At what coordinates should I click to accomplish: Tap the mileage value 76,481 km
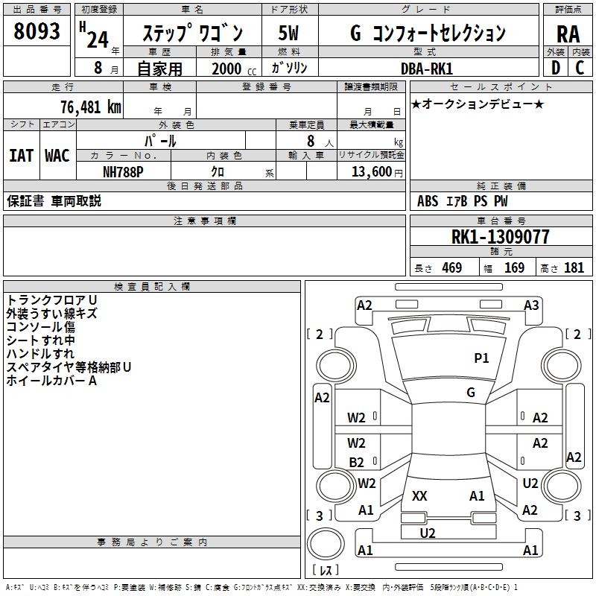[x=90, y=107]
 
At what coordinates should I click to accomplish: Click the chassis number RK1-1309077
[x=501, y=237]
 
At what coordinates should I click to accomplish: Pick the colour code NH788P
[x=123, y=171]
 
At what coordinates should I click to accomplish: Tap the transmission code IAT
[x=21, y=155]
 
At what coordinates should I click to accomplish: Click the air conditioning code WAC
[x=57, y=155]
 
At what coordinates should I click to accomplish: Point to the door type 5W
[x=289, y=34]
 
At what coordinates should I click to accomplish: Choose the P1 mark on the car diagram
[x=482, y=358]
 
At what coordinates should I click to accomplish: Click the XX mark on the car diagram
[x=420, y=495]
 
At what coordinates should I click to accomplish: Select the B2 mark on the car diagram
[x=357, y=462]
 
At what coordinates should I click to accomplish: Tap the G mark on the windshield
[x=470, y=392]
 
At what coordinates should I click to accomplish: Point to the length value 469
[x=451, y=268]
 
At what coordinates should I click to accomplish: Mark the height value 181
[x=574, y=268]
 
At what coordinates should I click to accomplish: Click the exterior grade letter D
[x=555, y=68]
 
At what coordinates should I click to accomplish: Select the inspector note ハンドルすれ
[x=40, y=353]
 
